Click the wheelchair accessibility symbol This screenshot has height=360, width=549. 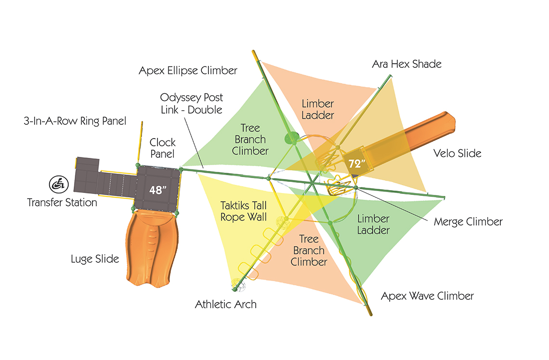click(58, 184)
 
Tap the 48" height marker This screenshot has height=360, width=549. click(158, 190)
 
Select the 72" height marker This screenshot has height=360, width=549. click(356, 164)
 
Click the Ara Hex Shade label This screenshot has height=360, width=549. click(406, 64)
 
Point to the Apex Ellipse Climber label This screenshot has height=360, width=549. click(188, 71)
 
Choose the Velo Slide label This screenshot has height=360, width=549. click(457, 153)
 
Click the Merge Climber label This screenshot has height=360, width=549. click(468, 222)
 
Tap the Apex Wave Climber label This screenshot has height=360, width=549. click(427, 296)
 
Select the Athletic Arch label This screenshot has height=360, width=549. click(226, 304)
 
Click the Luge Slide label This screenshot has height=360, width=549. click(95, 259)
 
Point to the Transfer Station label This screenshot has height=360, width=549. click(62, 203)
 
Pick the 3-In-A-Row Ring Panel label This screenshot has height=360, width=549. click(75, 121)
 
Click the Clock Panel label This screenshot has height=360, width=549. click(162, 148)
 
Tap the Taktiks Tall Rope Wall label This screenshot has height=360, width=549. click(244, 211)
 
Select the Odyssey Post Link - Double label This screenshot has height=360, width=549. click(192, 103)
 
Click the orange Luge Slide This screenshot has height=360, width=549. click(152, 248)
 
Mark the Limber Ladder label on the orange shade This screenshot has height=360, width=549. click(318, 110)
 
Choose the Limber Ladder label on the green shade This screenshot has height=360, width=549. click(373, 225)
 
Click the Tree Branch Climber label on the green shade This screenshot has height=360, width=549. click(250, 140)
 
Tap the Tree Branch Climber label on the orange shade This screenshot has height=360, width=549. click(309, 250)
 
